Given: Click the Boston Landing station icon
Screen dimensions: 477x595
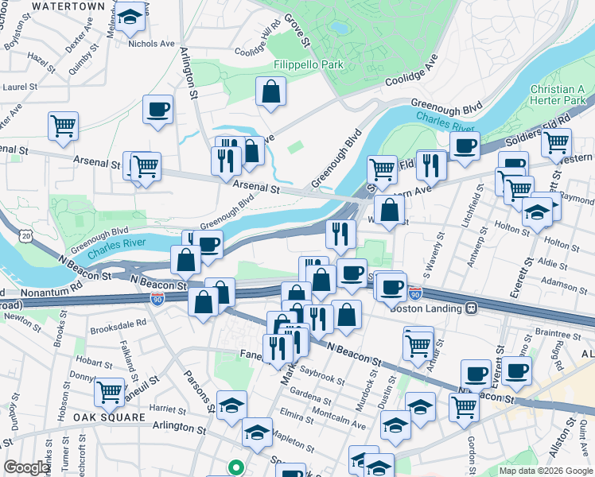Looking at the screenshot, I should coord(472,308).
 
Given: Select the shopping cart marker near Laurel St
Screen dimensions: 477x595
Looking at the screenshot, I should coord(63,126).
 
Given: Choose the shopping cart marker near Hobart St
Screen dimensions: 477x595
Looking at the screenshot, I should coord(110,391).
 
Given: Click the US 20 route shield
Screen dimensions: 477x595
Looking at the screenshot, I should coord(27,236).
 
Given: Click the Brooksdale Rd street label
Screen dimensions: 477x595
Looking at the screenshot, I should coord(119,324).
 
